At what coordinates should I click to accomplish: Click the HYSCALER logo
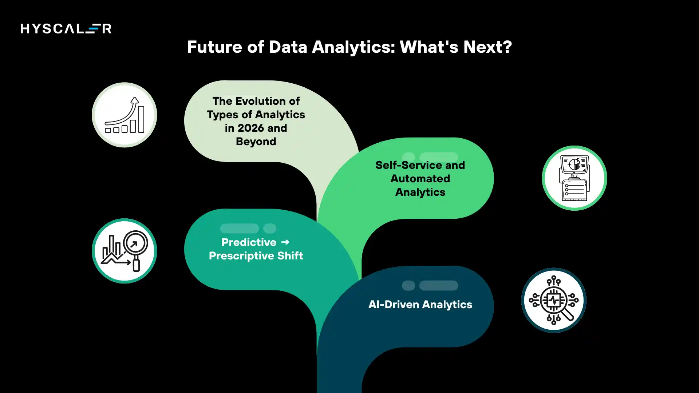[x=66, y=28]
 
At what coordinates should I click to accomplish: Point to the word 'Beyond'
[x=256, y=142]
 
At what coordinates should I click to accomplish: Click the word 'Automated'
[x=420, y=179]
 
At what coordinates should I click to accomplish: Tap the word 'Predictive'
[x=249, y=242]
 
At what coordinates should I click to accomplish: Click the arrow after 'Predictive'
[x=285, y=242]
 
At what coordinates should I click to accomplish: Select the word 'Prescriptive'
[x=241, y=256]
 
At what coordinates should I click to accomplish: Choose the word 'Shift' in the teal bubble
[x=290, y=256]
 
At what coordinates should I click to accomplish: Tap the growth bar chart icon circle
[x=125, y=115]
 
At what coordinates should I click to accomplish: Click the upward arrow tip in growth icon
[x=135, y=99]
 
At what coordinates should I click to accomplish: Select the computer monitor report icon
[x=574, y=178]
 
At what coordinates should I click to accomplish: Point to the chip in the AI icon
[x=554, y=300]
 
